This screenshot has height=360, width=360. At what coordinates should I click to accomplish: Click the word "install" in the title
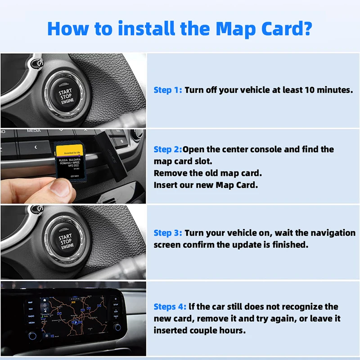[144, 28]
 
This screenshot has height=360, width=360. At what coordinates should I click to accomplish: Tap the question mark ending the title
[306, 28]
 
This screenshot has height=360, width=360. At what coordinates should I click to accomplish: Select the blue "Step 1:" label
[168, 90]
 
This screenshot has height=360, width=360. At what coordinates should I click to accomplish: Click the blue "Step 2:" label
[168, 149]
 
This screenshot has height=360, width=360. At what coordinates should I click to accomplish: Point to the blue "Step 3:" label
[168, 233]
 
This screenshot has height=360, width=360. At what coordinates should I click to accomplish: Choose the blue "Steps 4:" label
[170, 307]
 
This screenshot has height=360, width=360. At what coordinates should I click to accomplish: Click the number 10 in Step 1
[307, 90]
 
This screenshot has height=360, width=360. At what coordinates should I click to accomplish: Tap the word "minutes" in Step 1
[334, 90]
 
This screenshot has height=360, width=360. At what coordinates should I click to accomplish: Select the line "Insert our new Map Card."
[206, 185]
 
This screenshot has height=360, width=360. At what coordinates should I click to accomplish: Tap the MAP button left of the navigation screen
[31, 302]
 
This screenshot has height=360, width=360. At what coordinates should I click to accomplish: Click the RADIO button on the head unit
[31, 315]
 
